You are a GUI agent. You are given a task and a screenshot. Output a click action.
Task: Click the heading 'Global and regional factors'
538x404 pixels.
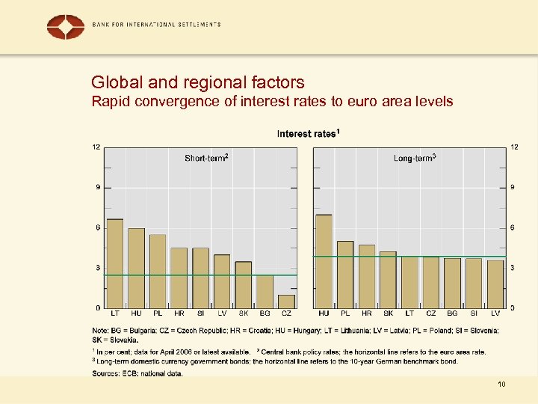(197, 82)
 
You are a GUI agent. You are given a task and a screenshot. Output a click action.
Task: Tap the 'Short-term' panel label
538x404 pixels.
(206, 158)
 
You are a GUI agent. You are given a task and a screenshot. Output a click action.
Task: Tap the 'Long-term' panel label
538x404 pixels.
(415, 158)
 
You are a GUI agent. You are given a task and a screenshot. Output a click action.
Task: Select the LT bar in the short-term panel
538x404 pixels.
(115, 263)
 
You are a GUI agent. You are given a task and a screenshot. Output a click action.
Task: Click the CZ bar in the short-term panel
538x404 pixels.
(286, 301)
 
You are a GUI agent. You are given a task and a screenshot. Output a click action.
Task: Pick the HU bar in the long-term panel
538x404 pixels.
(324, 261)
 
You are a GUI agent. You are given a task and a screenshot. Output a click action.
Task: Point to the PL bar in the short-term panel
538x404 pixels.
(158, 271)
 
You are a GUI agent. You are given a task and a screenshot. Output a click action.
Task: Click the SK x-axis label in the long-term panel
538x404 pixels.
(388, 314)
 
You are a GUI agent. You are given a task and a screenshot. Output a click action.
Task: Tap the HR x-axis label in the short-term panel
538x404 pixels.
(179, 314)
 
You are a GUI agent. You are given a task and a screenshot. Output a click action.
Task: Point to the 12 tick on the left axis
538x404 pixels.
(96, 147)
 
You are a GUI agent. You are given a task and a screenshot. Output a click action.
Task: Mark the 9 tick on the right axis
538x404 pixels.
(512, 187)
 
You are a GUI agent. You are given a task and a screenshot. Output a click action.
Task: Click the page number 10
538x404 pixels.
(501, 384)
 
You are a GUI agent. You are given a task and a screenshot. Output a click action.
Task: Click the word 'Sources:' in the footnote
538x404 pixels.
(105, 373)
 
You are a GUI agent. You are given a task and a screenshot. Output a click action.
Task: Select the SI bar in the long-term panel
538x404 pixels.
(474, 283)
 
